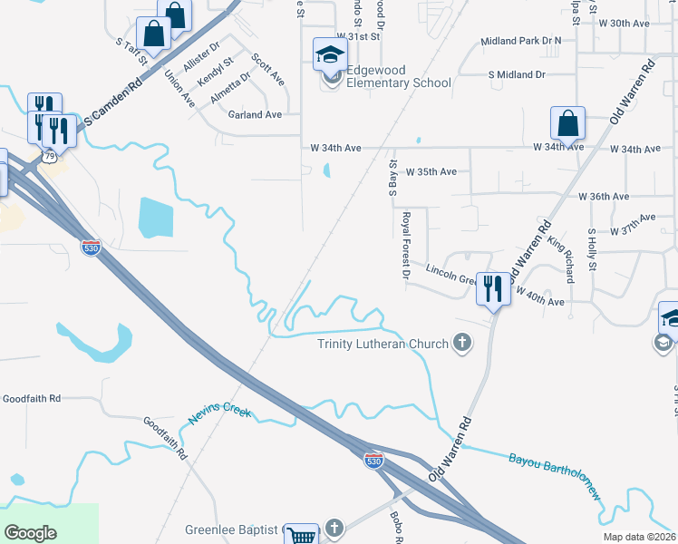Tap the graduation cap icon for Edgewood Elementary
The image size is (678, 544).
pos(330,56)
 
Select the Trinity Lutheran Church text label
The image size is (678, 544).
pos(383,344)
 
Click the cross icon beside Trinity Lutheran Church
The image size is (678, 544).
pos(462,343)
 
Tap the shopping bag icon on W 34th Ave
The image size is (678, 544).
pos(567,123)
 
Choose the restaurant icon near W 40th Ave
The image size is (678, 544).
pos(493,289)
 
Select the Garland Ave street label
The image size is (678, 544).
pos(255,115)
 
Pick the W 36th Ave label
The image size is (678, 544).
pos(609,196)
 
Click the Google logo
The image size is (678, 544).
pos(31,532)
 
